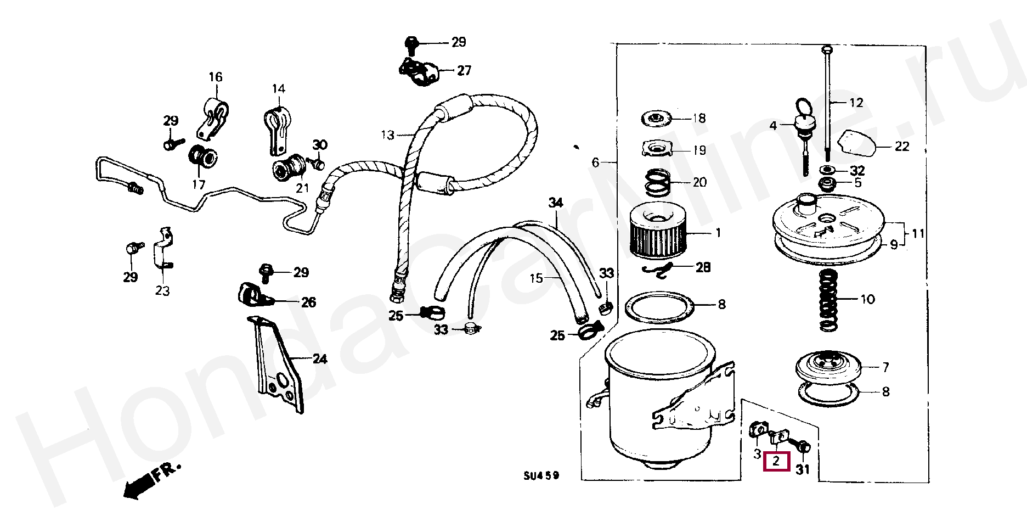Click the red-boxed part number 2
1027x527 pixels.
tap(776, 462)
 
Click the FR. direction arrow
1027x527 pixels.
tap(150, 479)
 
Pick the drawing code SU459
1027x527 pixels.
tap(541, 475)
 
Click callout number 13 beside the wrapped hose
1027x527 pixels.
tap(387, 134)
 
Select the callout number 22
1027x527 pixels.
tap(902, 147)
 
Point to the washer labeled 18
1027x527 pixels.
tap(657, 118)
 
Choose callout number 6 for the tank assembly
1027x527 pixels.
tap(596, 162)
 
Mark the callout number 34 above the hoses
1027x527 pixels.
tap(556, 203)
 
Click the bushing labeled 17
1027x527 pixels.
tap(203, 156)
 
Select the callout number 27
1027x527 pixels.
tap(464, 70)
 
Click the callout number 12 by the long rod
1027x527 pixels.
tap(856, 103)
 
